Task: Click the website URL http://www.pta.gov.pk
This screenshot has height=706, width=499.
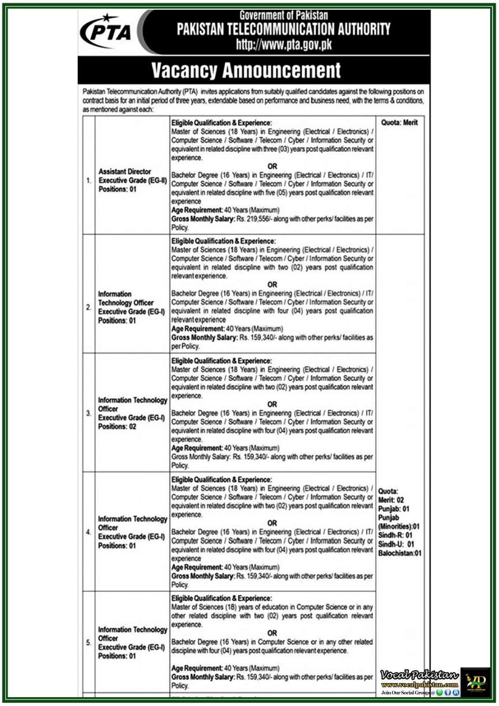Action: click(284, 45)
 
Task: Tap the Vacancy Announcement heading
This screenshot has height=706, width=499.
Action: click(246, 70)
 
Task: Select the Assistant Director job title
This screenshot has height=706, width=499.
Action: click(124, 171)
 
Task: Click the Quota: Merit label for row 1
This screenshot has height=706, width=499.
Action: click(399, 122)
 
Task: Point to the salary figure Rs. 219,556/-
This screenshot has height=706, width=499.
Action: click(253, 219)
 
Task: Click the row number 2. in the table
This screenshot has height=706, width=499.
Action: click(89, 307)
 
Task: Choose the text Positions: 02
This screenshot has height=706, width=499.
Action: click(117, 426)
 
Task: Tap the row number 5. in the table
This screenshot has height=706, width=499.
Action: click(89, 642)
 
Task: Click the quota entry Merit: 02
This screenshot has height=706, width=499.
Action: click(391, 500)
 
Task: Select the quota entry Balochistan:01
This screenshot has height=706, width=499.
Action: click(400, 553)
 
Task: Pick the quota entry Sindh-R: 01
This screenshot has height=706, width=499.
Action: click(395, 535)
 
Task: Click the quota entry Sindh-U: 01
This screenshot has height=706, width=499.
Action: click(396, 544)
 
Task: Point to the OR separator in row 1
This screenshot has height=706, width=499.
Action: click(272, 166)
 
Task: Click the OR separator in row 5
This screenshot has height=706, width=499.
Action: click(272, 633)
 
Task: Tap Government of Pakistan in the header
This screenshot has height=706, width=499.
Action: click(284, 15)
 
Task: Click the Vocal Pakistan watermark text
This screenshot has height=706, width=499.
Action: click(419, 675)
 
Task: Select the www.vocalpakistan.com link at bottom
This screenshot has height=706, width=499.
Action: click(419, 685)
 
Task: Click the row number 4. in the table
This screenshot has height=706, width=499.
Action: click(89, 532)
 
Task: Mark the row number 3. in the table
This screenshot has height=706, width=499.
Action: click(89, 413)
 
